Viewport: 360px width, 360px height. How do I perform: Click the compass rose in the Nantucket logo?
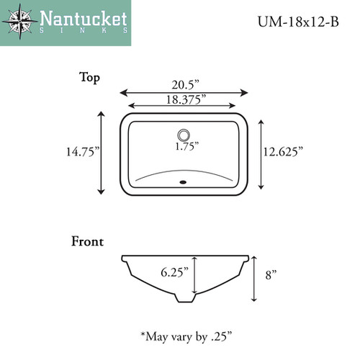[x=20, y=22]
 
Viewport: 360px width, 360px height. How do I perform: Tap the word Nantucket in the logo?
[x=84, y=19]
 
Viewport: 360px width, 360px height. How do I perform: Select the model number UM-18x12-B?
[x=298, y=22]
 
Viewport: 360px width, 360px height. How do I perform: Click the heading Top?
[x=89, y=78]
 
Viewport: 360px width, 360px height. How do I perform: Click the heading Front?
[x=88, y=241]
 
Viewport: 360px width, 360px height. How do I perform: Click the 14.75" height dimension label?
[x=83, y=152]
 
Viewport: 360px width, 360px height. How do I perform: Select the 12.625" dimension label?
[x=283, y=152]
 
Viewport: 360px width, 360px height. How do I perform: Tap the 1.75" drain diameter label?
[x=187, y=146]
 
